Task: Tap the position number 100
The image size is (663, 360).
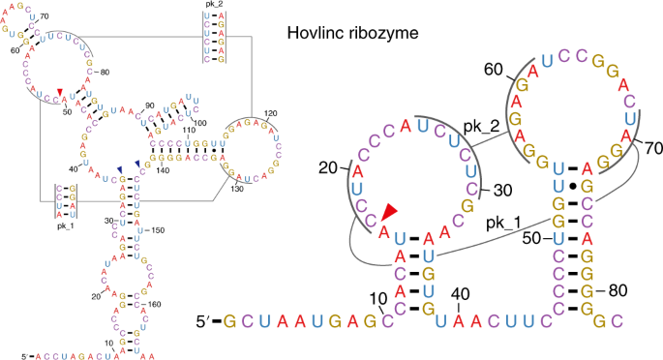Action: point(201,123)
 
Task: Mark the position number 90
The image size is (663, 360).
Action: point(150,105)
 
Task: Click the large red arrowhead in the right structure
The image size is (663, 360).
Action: point(388,212)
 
